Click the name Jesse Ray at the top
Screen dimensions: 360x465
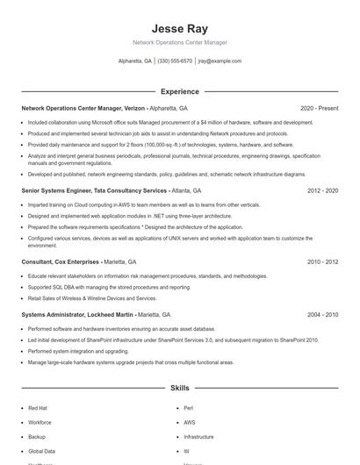[x=179, y=28]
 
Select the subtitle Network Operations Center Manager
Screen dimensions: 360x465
[x=179, y=42]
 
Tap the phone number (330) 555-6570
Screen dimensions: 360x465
[x=175, y=61]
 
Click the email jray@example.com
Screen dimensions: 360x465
[x=220, y=61]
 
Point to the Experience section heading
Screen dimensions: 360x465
[x=179, y=91]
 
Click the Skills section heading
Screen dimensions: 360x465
[x=179, y=387]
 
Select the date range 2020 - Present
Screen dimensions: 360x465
[x=319, y=108]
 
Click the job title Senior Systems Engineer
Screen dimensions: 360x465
[x=56, y=190]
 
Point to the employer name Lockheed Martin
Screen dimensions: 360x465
[x=108, y=314]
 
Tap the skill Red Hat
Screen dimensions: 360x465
[x=38, y=408]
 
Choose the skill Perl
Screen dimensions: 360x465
[x=189, y=408]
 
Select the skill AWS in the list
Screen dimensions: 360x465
[x=190, y=422]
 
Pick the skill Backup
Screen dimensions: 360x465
[x=37, y=436]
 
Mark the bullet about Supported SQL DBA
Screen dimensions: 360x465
[x=97, y=287]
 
